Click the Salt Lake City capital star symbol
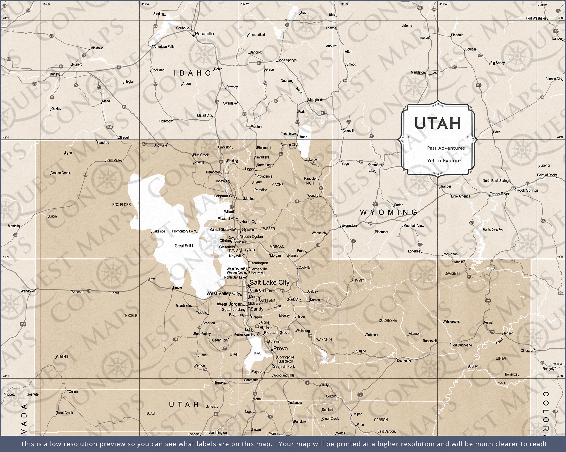[x=248, y=286]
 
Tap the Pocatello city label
[x=204, y=34]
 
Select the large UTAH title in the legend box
[x=438, y=123]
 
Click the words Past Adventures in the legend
[x=446, y=148]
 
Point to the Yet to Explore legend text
[x=444, y=161]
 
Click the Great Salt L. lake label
[x=185, y=246]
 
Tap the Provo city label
[x=280, y=348]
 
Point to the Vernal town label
[x=489, y=322]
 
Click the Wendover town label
[x=28, y=291]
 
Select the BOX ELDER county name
[x=121, y=204]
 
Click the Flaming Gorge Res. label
[x=493, y=230]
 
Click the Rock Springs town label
[x=527, y=190]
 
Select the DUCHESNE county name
[x=387, y=321]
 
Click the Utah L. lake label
[x=258, y=353]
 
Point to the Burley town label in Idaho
[x=54, y=74]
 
